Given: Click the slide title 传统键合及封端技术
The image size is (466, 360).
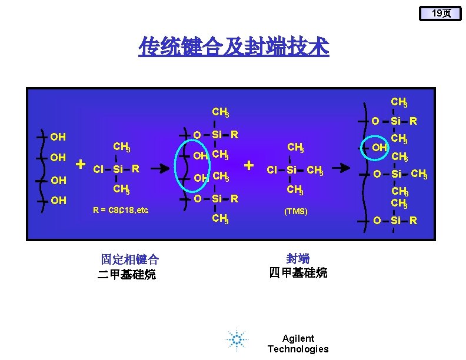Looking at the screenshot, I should [x=234, y=46].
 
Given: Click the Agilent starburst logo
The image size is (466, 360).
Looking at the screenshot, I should [x=237, y=340].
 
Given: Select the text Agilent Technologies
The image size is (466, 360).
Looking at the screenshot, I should [x=298, y=344].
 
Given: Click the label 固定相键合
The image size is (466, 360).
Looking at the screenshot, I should [x=130, y=259].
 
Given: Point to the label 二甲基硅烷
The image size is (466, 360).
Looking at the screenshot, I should [x=127, y=274].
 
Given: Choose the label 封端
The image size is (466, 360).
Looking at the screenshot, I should [x=298, y=259].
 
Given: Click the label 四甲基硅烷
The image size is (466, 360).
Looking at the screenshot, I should [x=298, y=273].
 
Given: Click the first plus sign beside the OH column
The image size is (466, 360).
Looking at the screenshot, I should [x=81, y=164].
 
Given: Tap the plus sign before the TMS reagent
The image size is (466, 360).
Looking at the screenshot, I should [x=249, y=165].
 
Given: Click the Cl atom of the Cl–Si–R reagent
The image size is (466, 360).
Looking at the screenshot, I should [x=99, y=170].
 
